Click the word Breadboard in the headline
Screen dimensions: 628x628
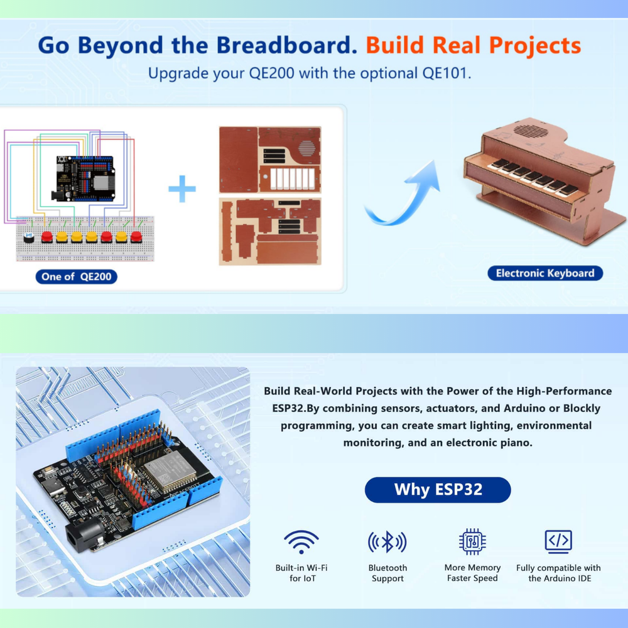[289, 46]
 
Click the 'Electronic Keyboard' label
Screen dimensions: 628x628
[544, 273]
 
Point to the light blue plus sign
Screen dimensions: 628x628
[182, 188]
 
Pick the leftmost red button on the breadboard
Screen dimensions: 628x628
[46, 237]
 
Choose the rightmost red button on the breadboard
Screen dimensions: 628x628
[136, 237]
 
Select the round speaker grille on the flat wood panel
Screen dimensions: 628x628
[306, 149]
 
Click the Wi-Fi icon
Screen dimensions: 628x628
[301, 541]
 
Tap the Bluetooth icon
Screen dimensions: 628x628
[387, 541]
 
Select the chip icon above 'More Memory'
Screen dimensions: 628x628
[472, 541]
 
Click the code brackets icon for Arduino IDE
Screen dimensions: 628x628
[558, 541]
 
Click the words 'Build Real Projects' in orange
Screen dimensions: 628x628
[474, 46]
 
